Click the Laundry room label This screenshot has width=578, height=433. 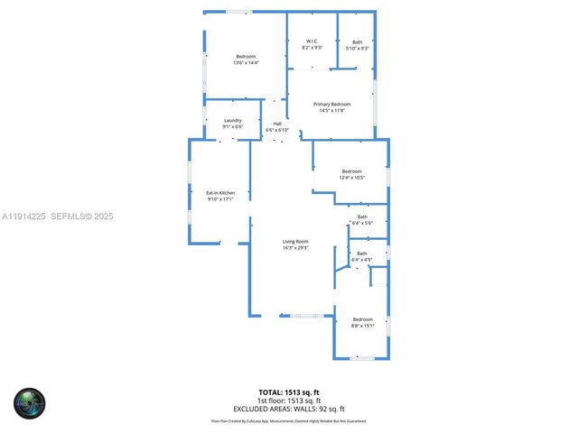coord(233,121)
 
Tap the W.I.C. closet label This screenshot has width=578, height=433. coord(312,41)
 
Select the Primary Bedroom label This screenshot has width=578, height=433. coord(332,105)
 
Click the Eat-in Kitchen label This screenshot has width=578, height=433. coord(220,192)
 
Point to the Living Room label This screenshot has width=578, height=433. coord(295,241)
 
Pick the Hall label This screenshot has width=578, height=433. coord(277,124)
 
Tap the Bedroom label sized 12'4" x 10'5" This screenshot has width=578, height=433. coord(351,171)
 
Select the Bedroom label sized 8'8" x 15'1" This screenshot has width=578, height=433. coord(362,319)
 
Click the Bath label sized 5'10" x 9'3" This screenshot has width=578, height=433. coord(358,41)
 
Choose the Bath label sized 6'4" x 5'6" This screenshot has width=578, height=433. coord(362,216)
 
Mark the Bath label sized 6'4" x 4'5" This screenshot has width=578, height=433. coord(362,253)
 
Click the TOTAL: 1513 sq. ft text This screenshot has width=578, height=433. coord(289,392)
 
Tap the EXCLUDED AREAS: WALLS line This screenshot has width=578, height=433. coord(289,408)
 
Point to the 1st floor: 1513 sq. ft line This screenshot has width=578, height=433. coord(289,401)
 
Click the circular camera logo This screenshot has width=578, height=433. coord(29,402)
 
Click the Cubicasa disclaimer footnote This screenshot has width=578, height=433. coord(289,420)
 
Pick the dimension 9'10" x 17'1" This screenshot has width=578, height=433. coord(220,198)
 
